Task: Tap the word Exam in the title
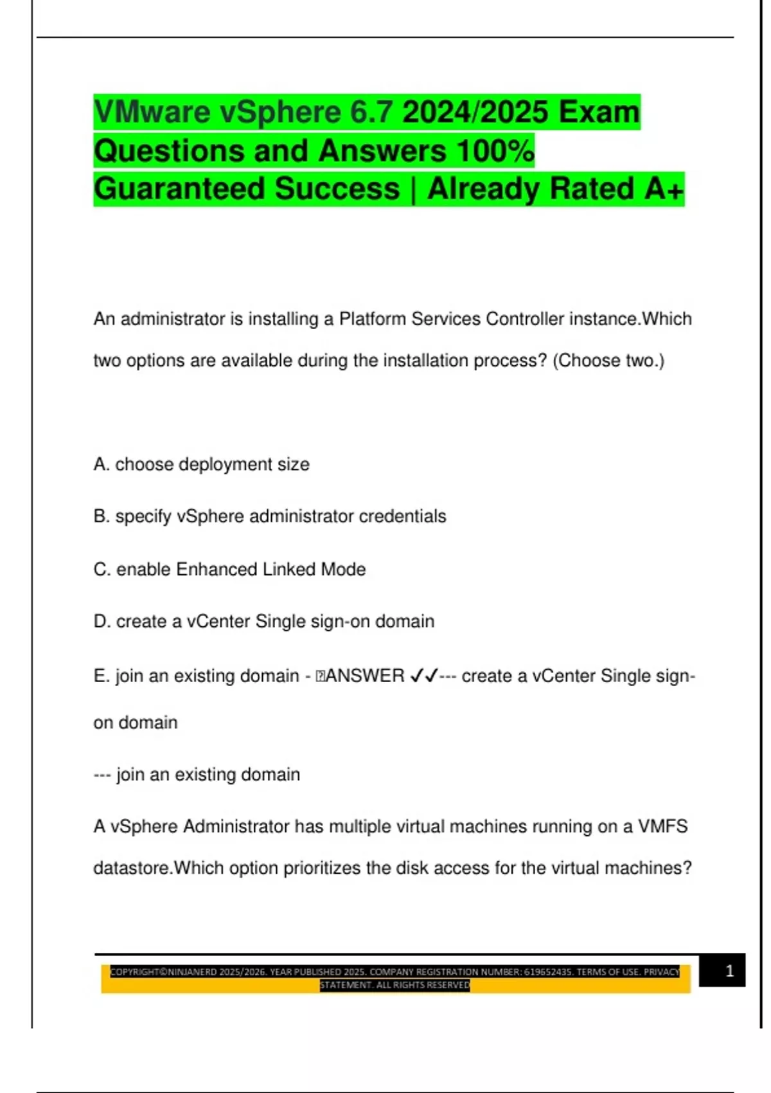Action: pyautogui.click(x=599, y=113)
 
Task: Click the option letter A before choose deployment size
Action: pyautogui.click(x=100, y=464)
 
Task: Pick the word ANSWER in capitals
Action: pyautogui.click(x=365, y=676)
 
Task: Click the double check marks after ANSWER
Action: pyautogui.click(x=423, y=676)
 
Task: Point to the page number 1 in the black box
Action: pyautogui.click(x=729, y=971)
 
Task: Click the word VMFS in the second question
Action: pyautogui.click(x=662, y=827)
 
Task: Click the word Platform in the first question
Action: pyautogui.click(x=373, y=320)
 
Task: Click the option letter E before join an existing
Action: pyautogui.click(x=100, y=676)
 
